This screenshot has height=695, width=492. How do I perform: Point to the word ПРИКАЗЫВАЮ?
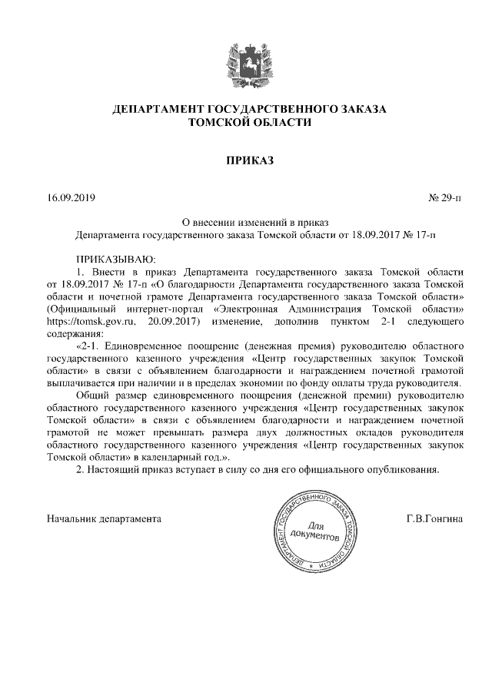[x=115, y=260]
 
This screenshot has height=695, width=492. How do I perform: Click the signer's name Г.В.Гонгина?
[x=435, y=518]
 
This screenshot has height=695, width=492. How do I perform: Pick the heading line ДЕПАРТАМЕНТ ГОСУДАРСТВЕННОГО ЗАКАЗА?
[x=249, y=110]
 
